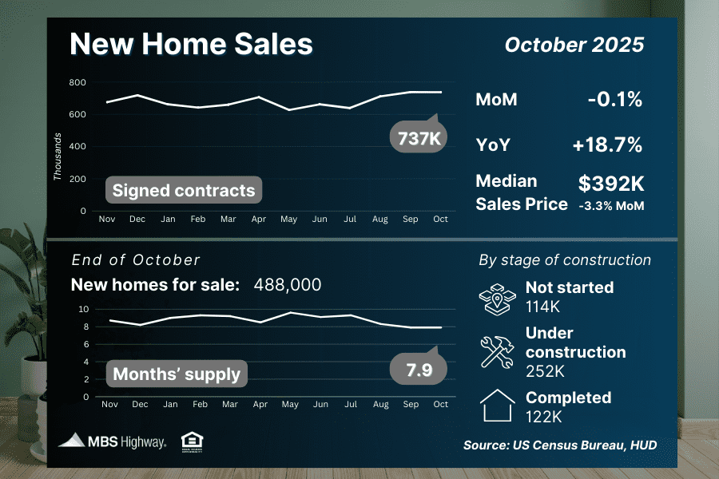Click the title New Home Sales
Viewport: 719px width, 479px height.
191,44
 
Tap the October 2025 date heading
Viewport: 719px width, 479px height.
574,45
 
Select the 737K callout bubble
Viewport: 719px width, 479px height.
419,138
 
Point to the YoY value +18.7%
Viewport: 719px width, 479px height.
607,145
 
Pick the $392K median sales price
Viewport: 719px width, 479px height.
611,184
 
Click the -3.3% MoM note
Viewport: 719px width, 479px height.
611,206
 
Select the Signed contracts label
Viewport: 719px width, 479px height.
183,190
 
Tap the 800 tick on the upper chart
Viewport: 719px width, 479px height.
77,82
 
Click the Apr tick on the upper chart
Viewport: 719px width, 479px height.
258,219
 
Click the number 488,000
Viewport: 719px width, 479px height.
288,285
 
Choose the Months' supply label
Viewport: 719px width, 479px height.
177,374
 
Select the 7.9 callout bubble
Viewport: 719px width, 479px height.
419,369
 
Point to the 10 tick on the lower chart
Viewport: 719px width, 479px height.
84,309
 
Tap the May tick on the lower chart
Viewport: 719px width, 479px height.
288,405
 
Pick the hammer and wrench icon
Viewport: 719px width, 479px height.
497,352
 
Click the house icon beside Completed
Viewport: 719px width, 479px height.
497,406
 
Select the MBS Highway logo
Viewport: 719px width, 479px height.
113,441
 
